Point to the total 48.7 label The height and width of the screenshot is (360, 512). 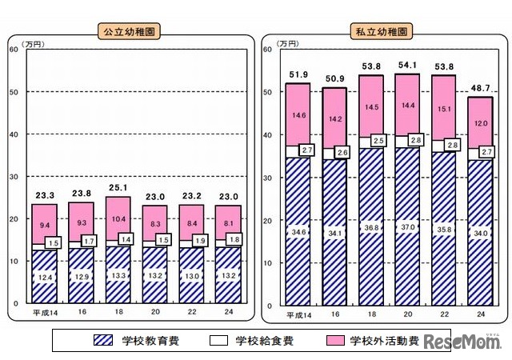pos(480,87)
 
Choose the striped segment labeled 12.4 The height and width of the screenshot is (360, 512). pos(44,276)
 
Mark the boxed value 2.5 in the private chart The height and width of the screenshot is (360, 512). pos(378,142)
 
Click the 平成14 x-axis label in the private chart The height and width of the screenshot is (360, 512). pos(297,313)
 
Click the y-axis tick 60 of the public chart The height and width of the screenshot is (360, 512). pos(14,50)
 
